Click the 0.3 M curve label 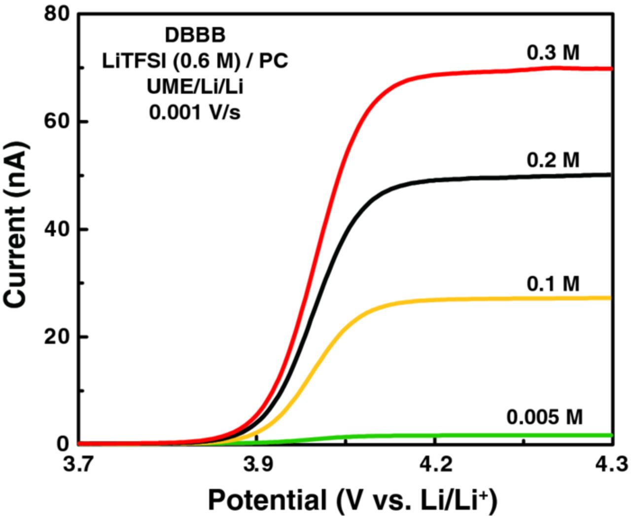coord(553,53)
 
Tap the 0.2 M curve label coord(553,160)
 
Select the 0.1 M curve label coord(553,284)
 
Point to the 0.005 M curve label coord(544,417)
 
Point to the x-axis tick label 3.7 coord(79,465)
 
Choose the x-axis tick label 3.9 coord(257,465)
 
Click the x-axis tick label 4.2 coord(434,465)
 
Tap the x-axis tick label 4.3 coord(611,465)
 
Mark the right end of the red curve coord(610,69)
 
